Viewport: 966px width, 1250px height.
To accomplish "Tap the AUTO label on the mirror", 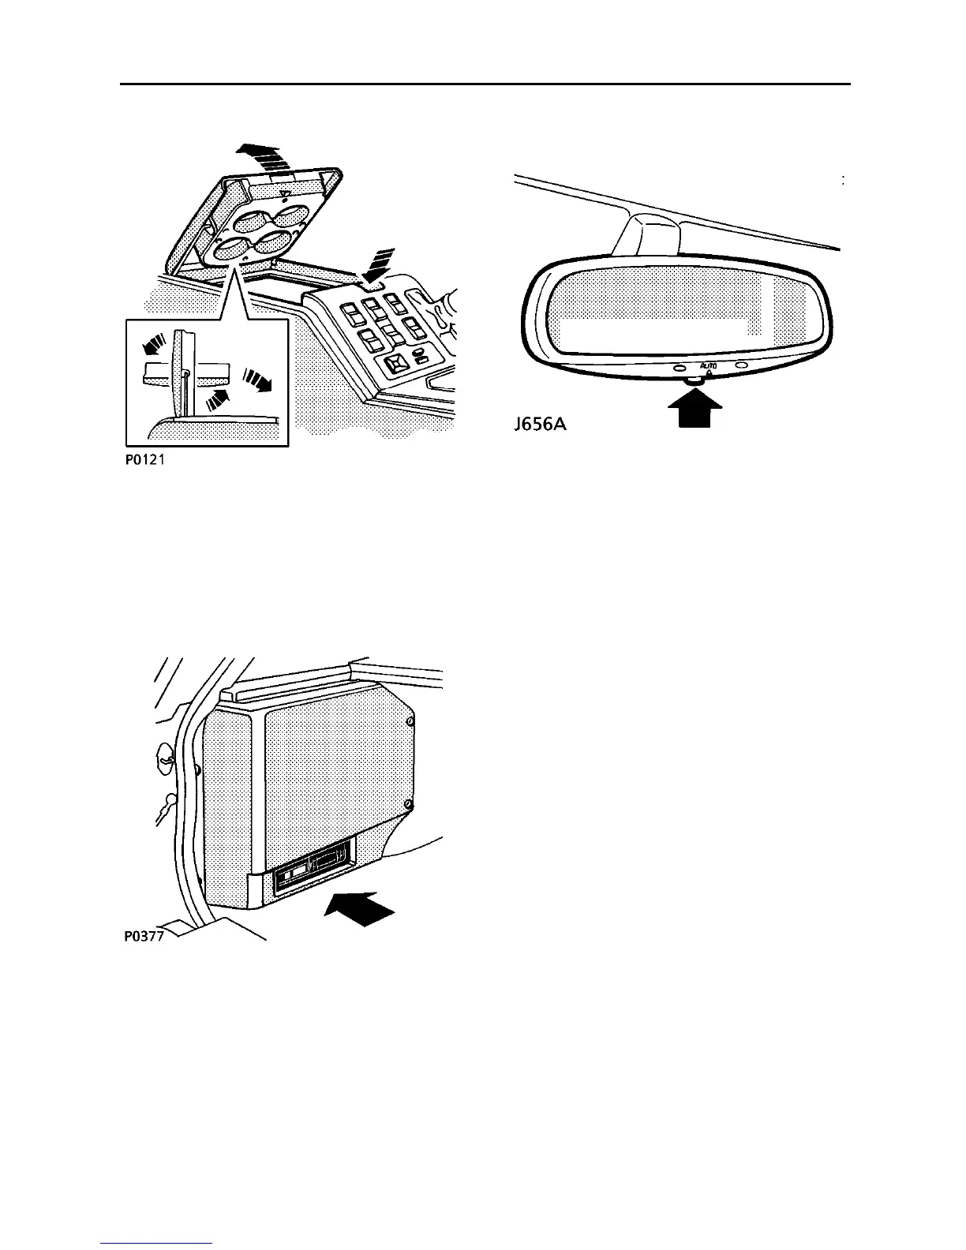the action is coord(709,366).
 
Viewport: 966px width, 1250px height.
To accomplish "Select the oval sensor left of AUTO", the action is coord(680,367).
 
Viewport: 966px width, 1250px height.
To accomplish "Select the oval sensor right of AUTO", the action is coord(739,365).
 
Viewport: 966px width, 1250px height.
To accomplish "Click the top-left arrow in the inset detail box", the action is coord(154,344).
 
